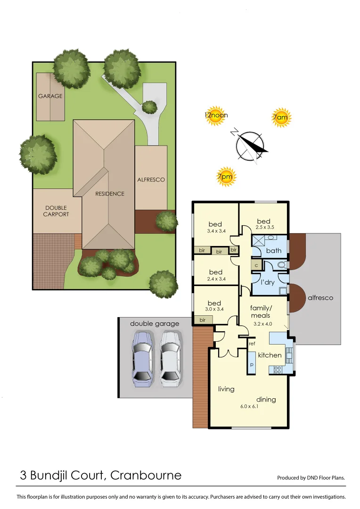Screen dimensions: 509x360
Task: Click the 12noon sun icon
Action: pyautogui.click(x=216, y=115)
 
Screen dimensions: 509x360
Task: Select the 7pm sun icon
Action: pyautogui.click(x=226, y=177)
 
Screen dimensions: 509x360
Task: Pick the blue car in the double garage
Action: pyautogui.click(x=143, y=358)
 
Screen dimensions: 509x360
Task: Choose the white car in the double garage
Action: pyautogui.click(x=170, y=358)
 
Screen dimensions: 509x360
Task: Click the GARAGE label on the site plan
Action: pyautogui.click(x=50, y=96)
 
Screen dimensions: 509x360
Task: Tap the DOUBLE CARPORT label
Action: pyautogui.click(x=57, y=211)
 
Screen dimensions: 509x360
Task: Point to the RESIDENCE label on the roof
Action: pyautogui.click(x=109, y=194)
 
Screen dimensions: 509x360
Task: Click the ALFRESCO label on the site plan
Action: pyautogui.click(x=151, y=180)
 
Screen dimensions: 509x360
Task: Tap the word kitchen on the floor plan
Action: pyautogui.click(x=270, y=355)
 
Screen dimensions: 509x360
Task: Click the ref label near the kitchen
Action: pyautogui.click(x=252, y=344)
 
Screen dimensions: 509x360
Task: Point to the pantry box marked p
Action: pyautogui.click(x=252, y=365)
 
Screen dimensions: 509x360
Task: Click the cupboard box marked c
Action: pyautogui.click(x=256, y=265)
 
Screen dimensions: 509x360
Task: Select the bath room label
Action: pyautogui.click(x=274, y=251)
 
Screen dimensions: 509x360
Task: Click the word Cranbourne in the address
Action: pyautogui.click(x=146, y=475)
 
